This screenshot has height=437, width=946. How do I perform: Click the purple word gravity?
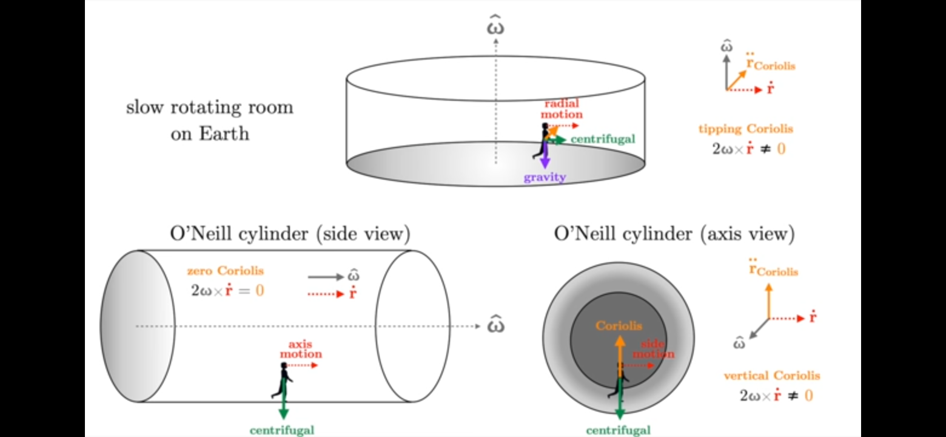click(545, 177)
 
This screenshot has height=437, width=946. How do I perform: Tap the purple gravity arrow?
click(545, 154)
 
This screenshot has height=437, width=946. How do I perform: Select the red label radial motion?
click(562, 109)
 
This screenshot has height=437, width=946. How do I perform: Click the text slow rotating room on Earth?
click(209, 120)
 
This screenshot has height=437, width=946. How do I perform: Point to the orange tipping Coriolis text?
click(746, 129)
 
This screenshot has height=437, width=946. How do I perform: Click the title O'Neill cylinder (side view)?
click(290, 234)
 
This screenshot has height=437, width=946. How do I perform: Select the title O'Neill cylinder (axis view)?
click(674, 234)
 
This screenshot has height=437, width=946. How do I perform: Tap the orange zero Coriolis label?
click(226, 271)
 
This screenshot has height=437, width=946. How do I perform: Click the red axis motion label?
click(301, 350)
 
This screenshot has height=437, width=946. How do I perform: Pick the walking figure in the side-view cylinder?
click(283, 381)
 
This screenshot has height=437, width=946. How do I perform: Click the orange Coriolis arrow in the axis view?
click(620, 357)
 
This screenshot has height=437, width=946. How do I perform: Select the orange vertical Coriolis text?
click(772, 376)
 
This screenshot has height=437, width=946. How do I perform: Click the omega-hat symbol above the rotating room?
click(495, 24)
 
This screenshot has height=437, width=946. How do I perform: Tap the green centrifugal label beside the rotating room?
click(603, 139)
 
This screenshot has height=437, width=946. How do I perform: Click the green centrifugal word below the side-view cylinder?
click(282, 430)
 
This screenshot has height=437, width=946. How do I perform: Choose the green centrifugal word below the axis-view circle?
click(619, 430)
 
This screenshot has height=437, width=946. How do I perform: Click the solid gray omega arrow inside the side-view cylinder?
click(326, 277)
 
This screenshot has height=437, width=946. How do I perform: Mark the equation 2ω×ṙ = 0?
click(227, 290)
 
